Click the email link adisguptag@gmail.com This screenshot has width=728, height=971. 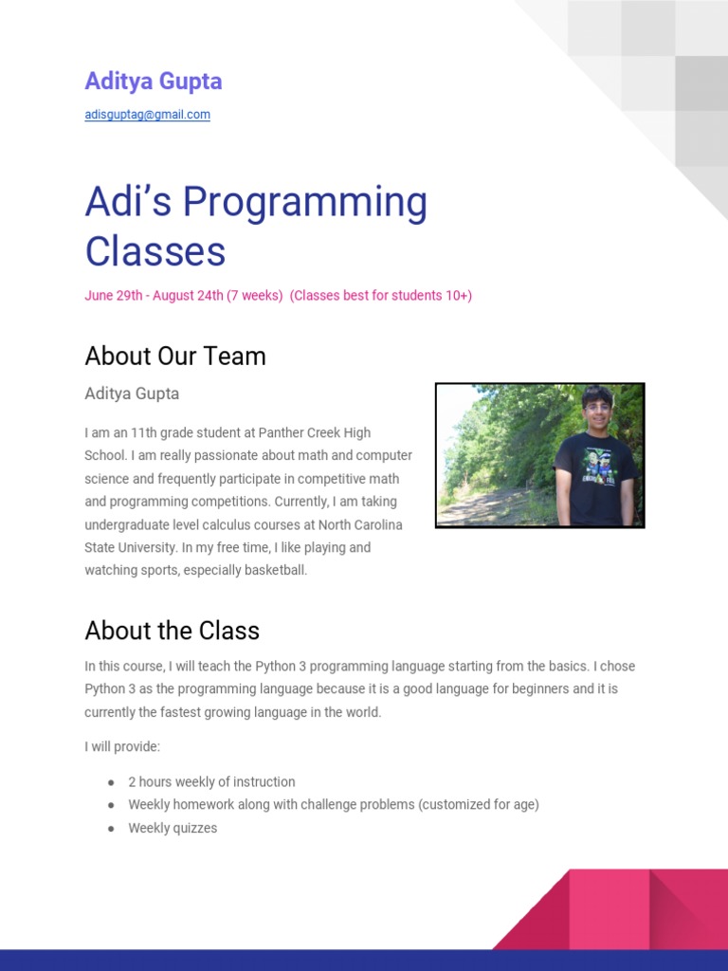click(147, 115)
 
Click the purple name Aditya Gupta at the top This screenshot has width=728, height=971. click(154, 82)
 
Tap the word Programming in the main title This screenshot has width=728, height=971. click(305, 202)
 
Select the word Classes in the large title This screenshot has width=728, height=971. click(155, 251)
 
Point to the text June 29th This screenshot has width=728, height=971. click(113, 295)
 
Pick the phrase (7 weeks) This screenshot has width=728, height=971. click(255, 295)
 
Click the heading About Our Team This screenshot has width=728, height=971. click(175, 357)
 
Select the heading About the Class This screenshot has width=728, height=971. click(172, 631)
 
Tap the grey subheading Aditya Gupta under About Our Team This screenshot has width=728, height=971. click(132, 394)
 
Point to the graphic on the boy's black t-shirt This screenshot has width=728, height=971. click(596, 468)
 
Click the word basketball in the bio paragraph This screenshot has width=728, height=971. click(273, 571)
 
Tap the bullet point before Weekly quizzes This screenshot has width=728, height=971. click(111, 829)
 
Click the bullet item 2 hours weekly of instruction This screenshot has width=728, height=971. click(211, 782)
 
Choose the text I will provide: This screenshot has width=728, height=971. click(122, 747)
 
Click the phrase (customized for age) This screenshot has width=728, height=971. click(479, 805)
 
